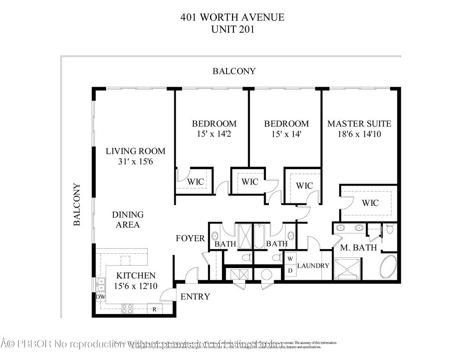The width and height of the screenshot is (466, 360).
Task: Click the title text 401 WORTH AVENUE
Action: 233,18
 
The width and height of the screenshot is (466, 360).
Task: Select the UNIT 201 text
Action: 233,29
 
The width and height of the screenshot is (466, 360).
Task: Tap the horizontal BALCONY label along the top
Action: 234,71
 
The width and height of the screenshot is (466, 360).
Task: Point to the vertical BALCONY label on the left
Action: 77,205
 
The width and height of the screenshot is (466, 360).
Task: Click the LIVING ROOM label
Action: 135,151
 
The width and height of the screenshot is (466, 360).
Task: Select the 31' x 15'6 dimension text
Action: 135,161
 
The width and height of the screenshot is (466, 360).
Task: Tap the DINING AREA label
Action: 128,219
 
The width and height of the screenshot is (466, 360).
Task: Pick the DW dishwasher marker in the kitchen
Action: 100,297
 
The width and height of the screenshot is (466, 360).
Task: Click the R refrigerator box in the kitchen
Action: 154,309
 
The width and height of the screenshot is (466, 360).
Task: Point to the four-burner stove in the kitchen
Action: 127,309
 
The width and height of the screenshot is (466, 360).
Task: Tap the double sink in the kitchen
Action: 101,284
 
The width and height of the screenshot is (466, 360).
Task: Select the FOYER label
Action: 190,238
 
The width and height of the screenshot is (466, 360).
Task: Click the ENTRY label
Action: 195,297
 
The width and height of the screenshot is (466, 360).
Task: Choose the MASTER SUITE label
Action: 359,124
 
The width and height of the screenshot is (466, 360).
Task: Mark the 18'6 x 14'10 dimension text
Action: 359,134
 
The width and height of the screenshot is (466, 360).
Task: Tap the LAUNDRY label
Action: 313,266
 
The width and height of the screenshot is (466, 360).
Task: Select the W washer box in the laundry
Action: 290,259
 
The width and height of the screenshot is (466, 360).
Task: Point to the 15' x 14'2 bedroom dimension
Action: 214,134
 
